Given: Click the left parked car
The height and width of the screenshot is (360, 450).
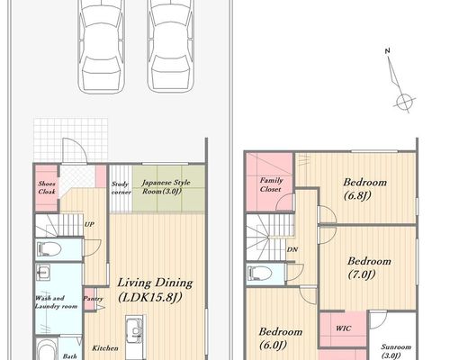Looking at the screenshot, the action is (102, 45).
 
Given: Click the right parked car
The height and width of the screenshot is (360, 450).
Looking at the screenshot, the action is (170, 45).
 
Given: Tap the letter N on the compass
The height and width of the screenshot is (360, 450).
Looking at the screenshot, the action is (387, 51).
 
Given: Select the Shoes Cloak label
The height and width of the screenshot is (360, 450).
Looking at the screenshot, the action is (47, 187).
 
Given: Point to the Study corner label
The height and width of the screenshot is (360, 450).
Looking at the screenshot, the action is (121, 188).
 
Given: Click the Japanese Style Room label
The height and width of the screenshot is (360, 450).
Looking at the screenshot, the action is (166, 186).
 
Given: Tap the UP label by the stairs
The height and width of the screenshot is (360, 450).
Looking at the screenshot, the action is (89, 224).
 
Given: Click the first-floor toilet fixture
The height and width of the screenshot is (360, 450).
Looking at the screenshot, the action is (49, 249).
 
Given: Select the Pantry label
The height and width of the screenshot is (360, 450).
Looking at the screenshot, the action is (93, 299).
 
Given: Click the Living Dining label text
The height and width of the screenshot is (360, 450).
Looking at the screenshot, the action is (155, 283).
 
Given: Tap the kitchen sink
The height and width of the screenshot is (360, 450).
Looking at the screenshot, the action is (134, 329).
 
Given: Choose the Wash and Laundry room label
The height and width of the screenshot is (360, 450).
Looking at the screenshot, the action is (56, 302).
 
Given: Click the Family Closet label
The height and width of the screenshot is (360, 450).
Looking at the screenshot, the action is (271, 184).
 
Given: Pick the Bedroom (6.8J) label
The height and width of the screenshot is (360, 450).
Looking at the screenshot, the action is (364, 189).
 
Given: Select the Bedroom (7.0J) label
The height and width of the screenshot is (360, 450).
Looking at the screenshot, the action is (369, 267).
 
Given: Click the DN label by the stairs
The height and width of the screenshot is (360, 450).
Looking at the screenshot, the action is (292, 249).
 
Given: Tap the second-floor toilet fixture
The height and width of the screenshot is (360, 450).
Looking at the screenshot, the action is (260, 274).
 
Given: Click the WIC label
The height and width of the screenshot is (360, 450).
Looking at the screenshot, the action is (343, 328).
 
